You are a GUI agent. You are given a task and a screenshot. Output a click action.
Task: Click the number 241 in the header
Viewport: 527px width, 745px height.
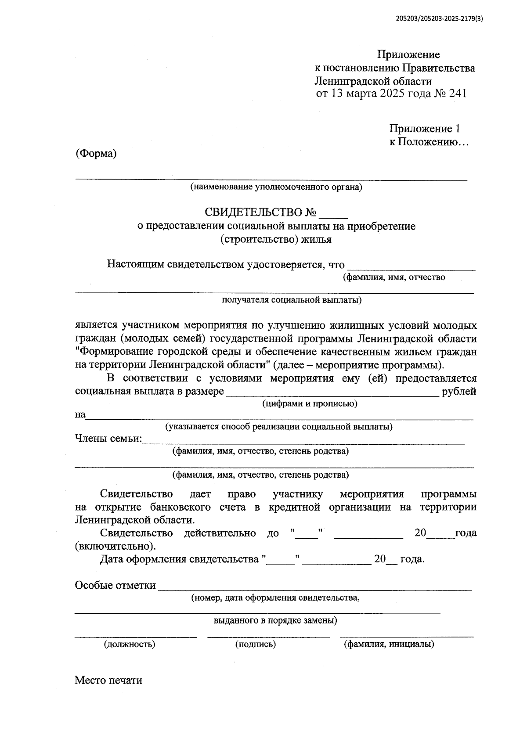coord(457,94)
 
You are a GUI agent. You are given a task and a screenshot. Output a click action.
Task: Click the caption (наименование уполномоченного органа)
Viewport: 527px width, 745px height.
coord(276,187)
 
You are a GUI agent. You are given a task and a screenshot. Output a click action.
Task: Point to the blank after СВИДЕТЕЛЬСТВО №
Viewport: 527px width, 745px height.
coord(333,214)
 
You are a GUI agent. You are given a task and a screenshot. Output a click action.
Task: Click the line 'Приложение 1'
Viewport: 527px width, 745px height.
coord(424,129)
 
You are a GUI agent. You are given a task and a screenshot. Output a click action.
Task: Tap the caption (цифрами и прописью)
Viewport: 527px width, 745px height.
coord(310,403)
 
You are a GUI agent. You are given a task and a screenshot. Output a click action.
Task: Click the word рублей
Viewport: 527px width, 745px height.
coord(459,391)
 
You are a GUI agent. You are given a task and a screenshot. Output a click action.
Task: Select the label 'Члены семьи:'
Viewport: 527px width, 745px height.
coord(108,439)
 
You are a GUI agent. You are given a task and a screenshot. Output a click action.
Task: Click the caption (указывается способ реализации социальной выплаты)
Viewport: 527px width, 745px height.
coord(278,427)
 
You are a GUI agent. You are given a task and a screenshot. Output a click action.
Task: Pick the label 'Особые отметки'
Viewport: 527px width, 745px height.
coord(115,585)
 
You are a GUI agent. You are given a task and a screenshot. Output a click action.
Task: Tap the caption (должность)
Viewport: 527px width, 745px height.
coord(130,644)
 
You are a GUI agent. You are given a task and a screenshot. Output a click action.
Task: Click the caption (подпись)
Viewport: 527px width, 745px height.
coord(256,644)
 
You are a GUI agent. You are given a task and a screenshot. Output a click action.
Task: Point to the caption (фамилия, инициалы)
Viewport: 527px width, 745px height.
coord(389,644)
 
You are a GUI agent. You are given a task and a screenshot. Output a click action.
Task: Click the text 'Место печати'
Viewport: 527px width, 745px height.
coord(108,680)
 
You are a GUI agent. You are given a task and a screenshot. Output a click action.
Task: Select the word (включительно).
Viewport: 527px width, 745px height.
coord(115,547)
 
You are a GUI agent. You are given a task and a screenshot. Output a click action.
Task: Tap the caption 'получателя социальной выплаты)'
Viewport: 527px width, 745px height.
coord(292,300)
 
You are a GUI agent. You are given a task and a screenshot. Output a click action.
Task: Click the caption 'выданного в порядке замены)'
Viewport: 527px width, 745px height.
coord(275,621)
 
